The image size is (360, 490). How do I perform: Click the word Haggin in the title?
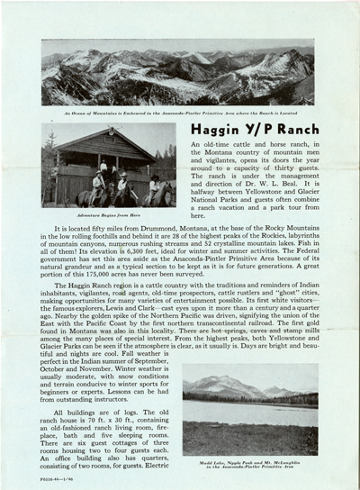coord(214,131)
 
